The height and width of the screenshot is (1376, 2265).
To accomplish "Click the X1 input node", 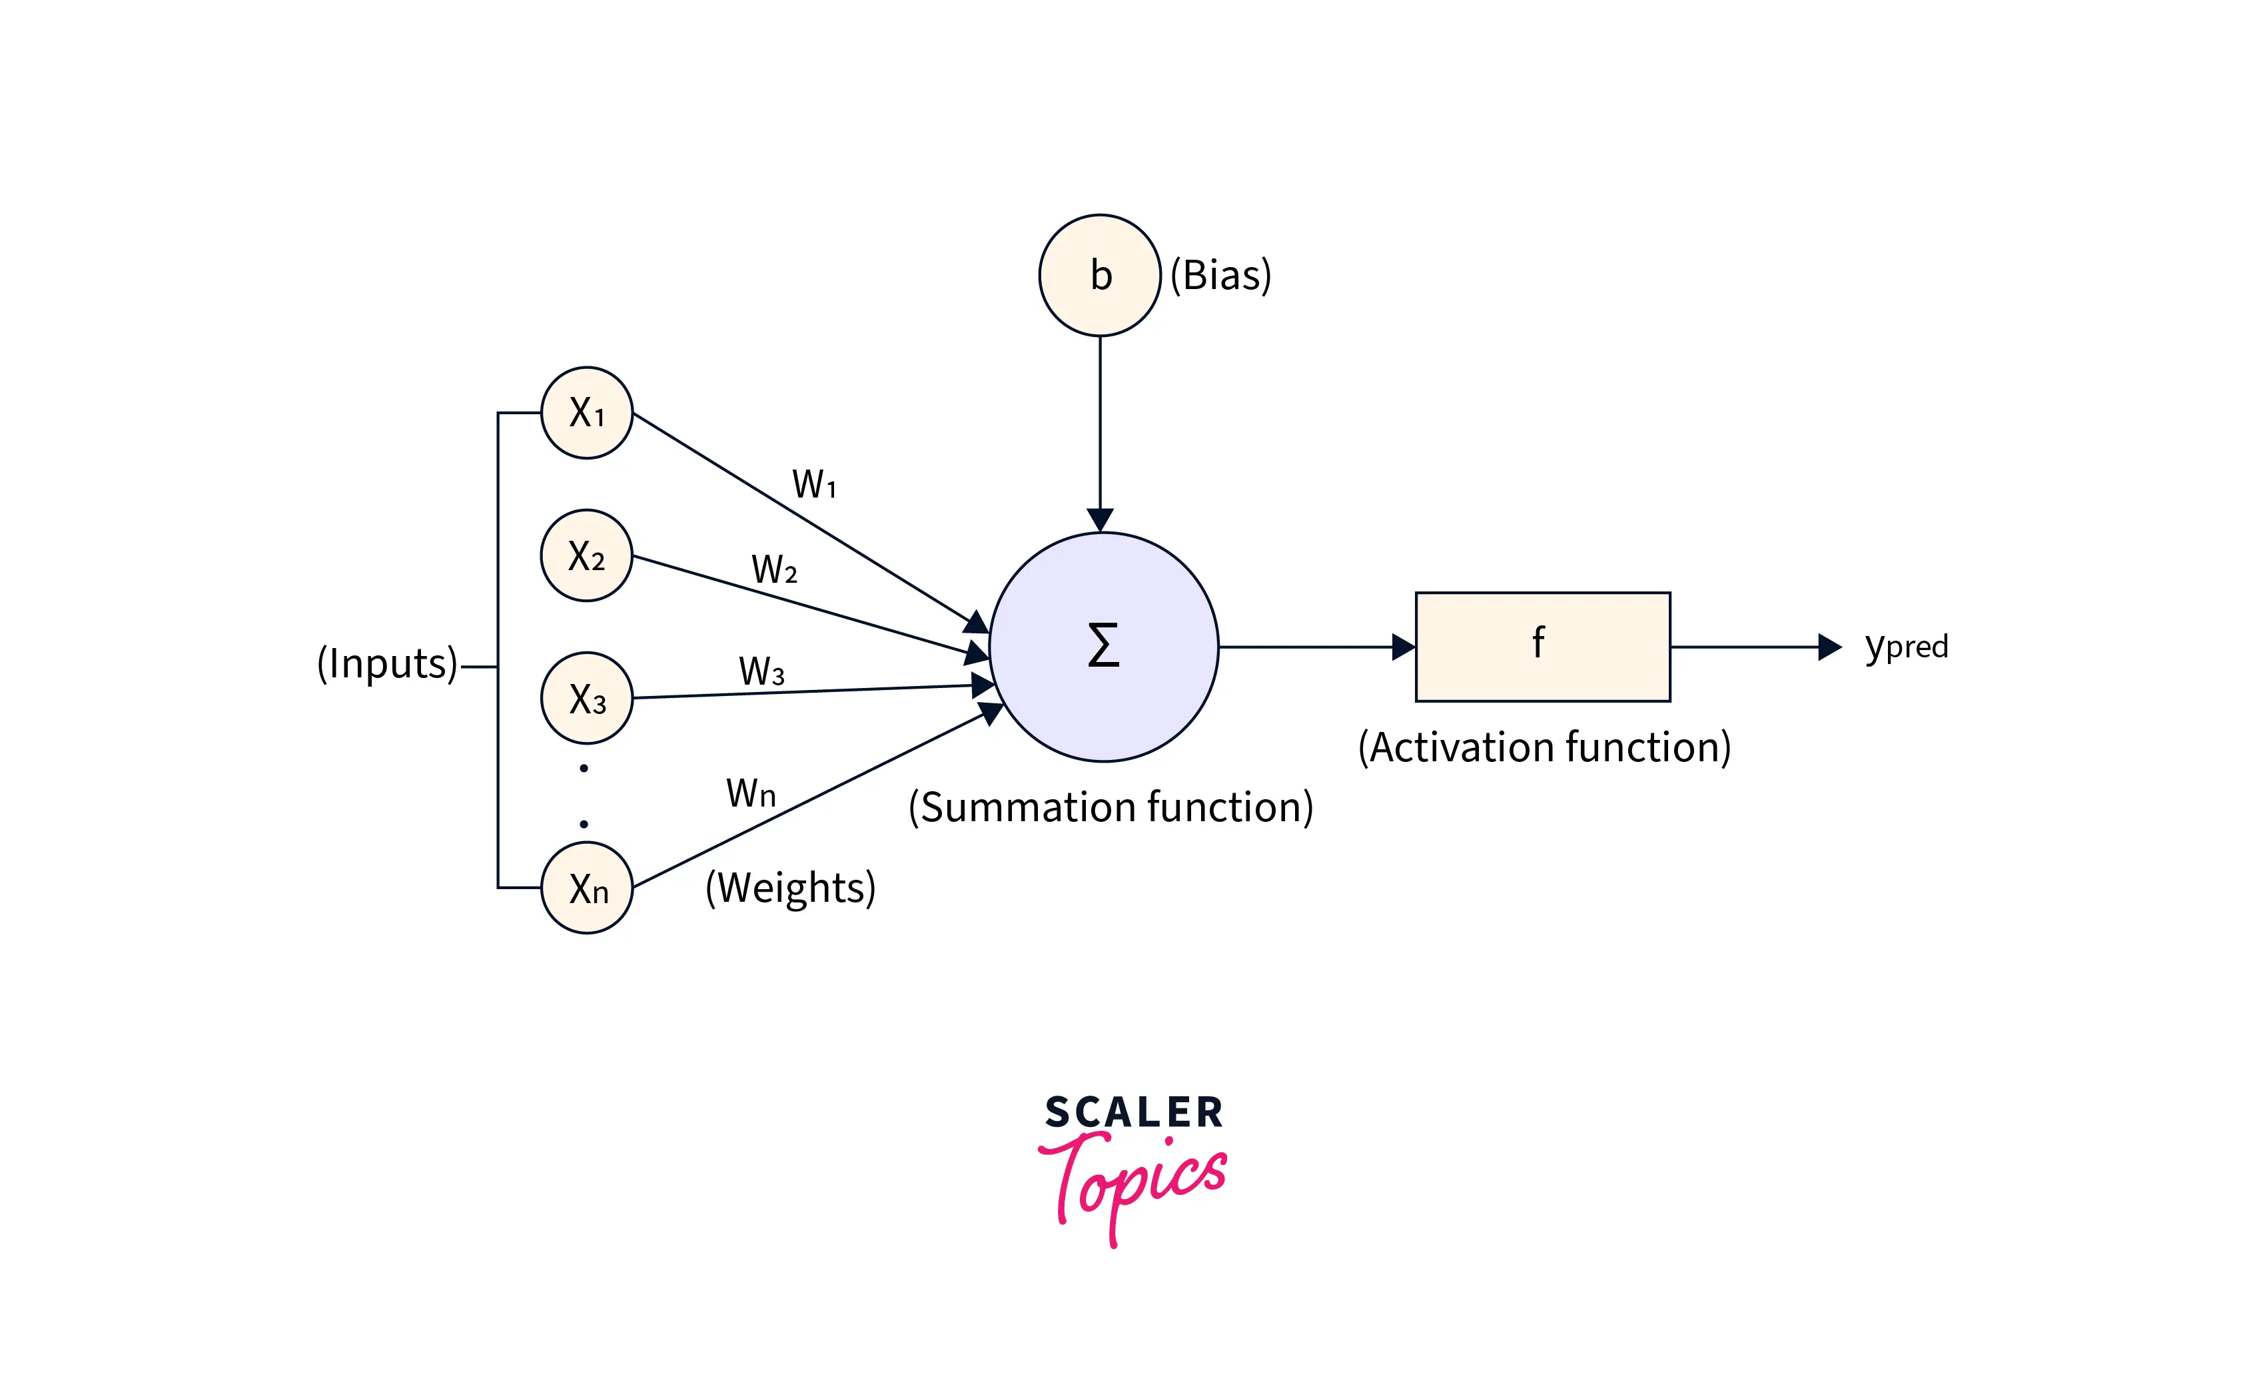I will pyautogui.click(x=586, y=413).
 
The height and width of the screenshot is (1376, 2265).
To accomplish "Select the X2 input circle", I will pyautogui.click(x=586, y=555).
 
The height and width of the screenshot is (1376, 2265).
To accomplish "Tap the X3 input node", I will pyautogui.click(x=586, y=697).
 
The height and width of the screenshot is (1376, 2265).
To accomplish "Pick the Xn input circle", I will pyautogui.click(x=586, y=888).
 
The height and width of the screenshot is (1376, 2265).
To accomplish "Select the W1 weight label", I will pyautogui.click(x=813, y=484).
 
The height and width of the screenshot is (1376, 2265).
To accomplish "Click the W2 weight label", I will pyautogui.click(x=774, y=570).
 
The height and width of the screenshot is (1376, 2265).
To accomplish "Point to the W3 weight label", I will pyautogui.click(x=761, y=672).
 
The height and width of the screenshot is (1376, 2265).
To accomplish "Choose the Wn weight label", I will pyautogui.click(x=751, y=793).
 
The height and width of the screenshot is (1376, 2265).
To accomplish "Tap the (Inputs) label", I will pyautogui.click(x=387, y=663).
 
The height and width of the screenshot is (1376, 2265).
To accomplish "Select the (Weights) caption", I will pyautogui.click(x=791, y=888).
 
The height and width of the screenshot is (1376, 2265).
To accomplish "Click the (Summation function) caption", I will pyautogui.click(x=1111, y=807).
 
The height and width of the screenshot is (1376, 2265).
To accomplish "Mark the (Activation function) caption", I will pyautogui.click(x=1544, y=747).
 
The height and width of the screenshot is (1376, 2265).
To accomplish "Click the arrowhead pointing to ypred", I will pyautogui.click(x=1829, y=647).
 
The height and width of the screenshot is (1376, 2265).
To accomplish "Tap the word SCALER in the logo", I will pyautogui.click(x=1133, y=1112).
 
